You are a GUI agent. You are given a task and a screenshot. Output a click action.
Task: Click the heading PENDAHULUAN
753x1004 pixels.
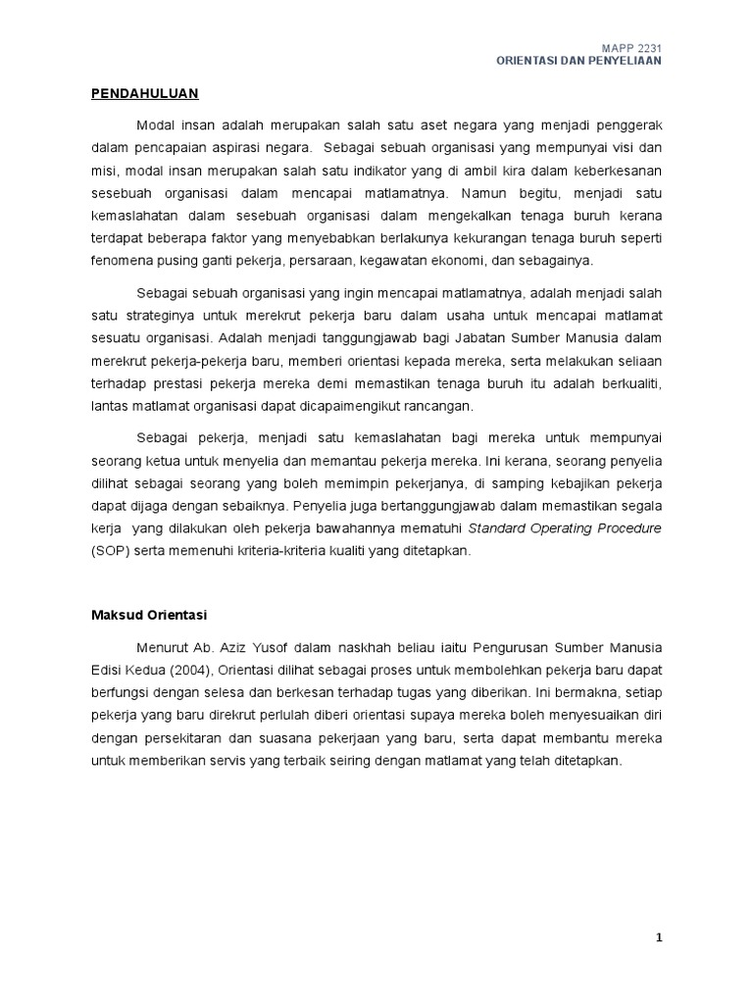(x=145, y=93)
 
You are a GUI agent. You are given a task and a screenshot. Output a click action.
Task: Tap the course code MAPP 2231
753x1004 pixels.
(x=636, y=46)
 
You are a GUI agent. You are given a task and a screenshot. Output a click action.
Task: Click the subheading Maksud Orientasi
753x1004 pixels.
(x=144, y=614)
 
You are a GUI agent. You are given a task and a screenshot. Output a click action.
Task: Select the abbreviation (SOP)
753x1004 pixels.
(x=108, y=551)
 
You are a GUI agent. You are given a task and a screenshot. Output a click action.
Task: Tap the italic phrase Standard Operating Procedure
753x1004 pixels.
(x=565, y=527)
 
